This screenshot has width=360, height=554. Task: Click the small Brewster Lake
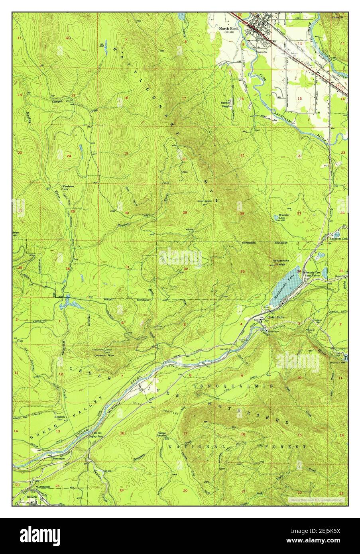tap(276, 217)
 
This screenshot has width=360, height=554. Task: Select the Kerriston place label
tap(67, 186)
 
